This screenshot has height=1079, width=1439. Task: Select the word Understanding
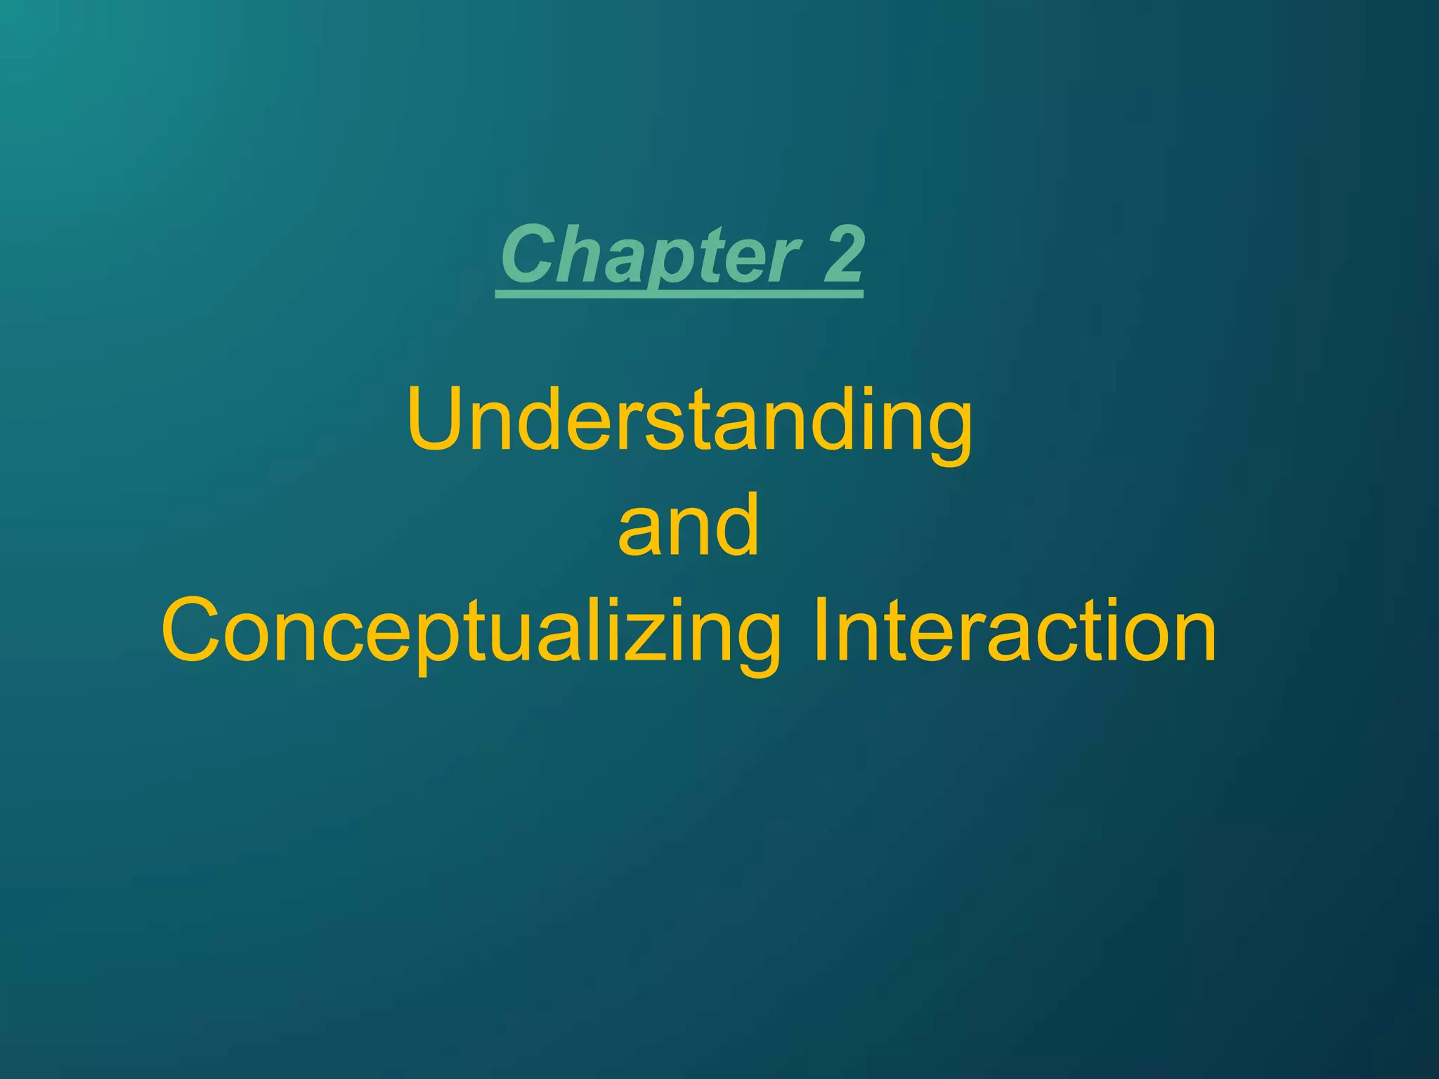tap(689, 421)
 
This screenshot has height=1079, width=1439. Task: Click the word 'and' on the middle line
tap(689, 525)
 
